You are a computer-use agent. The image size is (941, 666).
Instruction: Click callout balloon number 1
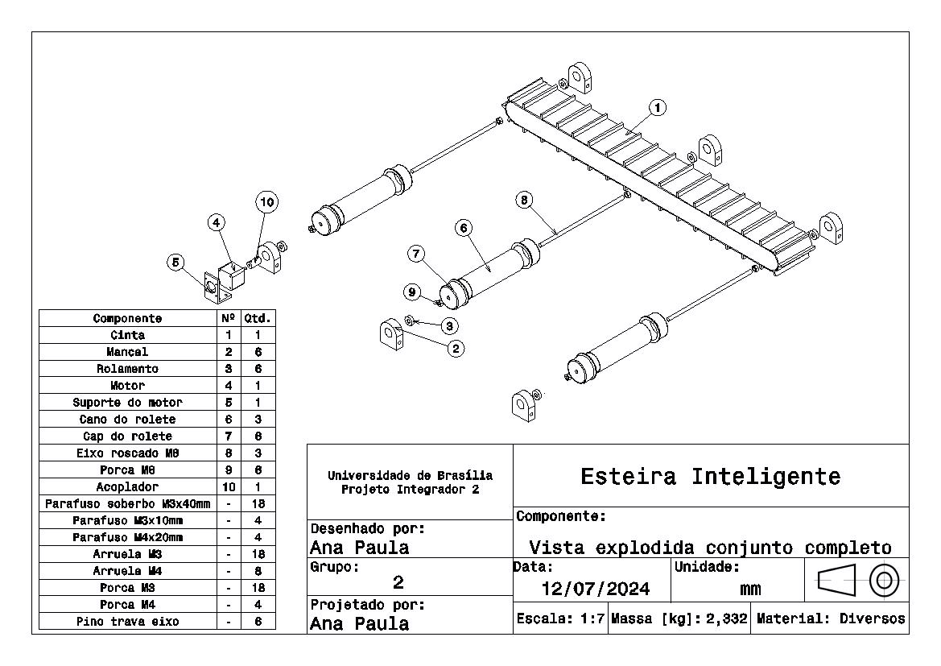tap(658, 107)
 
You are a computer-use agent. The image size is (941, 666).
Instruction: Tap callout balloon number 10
tap(266, 202)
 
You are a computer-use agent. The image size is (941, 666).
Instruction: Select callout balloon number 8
tap(525, 200)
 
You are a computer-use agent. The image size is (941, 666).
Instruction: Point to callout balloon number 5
tap(175, 262)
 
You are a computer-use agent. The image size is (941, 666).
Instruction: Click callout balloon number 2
tap(456, 349)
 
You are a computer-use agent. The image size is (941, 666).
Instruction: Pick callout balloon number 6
tap(463, 228)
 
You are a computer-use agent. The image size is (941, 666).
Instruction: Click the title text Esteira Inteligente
tap(710, 477)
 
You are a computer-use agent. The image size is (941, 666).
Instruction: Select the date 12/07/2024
tap(596, 589)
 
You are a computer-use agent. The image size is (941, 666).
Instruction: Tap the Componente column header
tap(127, 318)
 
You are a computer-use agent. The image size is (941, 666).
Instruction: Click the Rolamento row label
tap(127, 369)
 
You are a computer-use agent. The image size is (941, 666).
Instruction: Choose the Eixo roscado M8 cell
tap(127, 453)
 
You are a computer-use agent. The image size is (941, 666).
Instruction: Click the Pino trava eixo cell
tap(127, 622)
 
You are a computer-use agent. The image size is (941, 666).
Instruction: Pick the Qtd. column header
tap(258, 318)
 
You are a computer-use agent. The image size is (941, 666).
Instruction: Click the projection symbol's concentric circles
tap(885, 579)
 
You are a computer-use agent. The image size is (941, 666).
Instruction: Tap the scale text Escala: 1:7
tap(560, 619)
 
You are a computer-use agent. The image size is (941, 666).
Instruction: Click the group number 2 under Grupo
tap(398, 582)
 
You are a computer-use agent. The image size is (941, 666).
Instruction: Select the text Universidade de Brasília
tap(410, 476)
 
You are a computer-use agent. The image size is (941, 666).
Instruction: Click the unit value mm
tap(749, 589)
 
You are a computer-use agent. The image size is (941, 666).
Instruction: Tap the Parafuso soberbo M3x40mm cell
tap(127, 504)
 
